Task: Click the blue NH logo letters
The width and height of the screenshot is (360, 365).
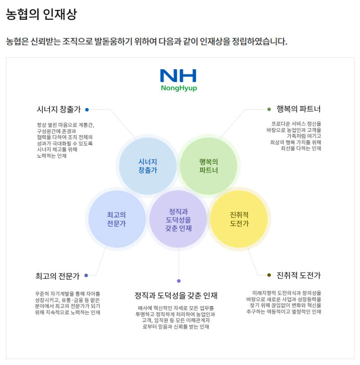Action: (178, 76)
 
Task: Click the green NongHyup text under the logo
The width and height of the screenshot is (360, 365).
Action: (179, 88)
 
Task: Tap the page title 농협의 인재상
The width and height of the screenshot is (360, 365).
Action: (41, 14)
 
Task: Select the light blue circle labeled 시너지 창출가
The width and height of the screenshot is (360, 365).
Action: (148, 166)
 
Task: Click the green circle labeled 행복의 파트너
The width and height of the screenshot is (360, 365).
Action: (208, 166)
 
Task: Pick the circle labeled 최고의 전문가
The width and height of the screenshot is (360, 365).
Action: (117, 219)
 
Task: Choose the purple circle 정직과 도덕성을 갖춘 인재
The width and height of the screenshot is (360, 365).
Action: (178, 219)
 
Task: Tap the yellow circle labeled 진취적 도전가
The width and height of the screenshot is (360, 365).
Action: (239, 219)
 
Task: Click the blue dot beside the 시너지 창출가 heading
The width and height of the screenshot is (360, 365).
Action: (87, 109)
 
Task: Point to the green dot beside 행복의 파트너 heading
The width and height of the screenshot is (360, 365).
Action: (269, 109)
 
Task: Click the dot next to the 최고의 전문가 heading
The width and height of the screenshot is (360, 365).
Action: (86, 275)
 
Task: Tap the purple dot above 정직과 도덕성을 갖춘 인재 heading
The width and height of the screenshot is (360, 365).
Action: (179, 281)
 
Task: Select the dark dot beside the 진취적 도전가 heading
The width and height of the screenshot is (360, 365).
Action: (269, 275)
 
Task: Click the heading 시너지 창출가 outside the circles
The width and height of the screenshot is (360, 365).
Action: (58, 109)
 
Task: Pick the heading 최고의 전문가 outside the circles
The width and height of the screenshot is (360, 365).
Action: (57, 276)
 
